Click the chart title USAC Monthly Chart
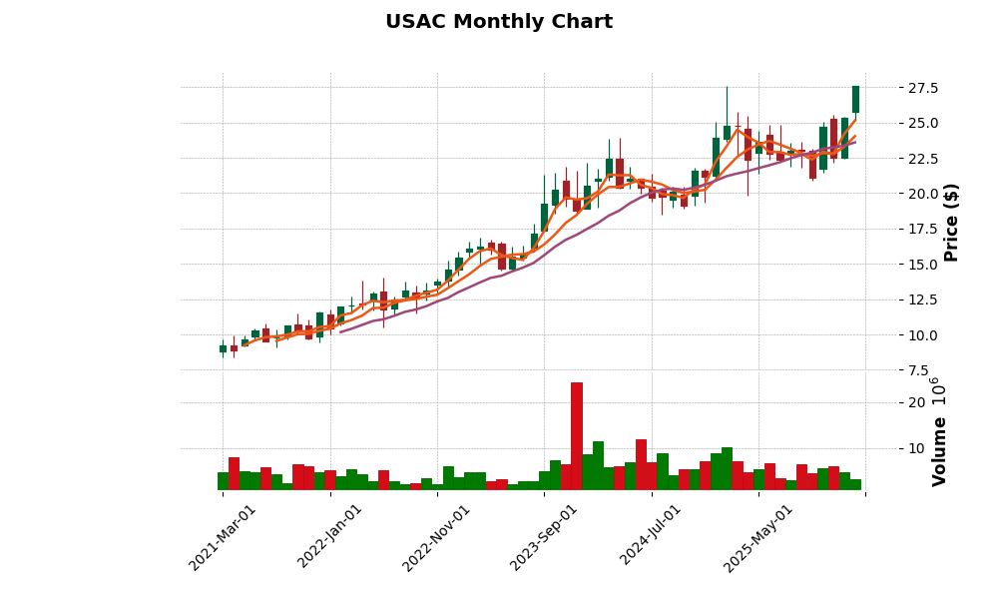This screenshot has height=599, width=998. click(x=499, y=22)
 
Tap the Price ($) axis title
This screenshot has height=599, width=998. click(x=951, y=222)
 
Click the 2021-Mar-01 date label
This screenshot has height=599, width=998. click(x=223, y=537)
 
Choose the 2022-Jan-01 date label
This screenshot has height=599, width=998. click(x=330, y=537)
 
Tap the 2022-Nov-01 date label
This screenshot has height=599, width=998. click(x=437, y=537)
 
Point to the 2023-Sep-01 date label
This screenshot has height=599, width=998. click(x=544, y=537)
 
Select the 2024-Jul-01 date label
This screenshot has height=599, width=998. click(x=652, y=537)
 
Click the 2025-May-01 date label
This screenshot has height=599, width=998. click(x=758, y=537)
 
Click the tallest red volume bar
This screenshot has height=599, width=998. click(x=577, y=435)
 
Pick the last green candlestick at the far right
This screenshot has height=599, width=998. click(x=855, y=99)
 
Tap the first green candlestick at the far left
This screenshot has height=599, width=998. click(x=223, y=348)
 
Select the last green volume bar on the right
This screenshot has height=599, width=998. click(x=855, y=484)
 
